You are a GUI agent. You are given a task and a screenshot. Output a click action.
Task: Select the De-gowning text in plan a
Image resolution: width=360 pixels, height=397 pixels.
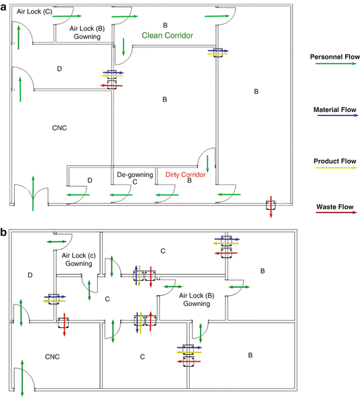pos(132,174)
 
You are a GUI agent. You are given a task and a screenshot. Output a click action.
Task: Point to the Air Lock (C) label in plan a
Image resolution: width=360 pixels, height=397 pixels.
pos(34,12)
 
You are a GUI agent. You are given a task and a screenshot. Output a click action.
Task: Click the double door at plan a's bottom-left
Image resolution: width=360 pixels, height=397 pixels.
pos(32,192)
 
